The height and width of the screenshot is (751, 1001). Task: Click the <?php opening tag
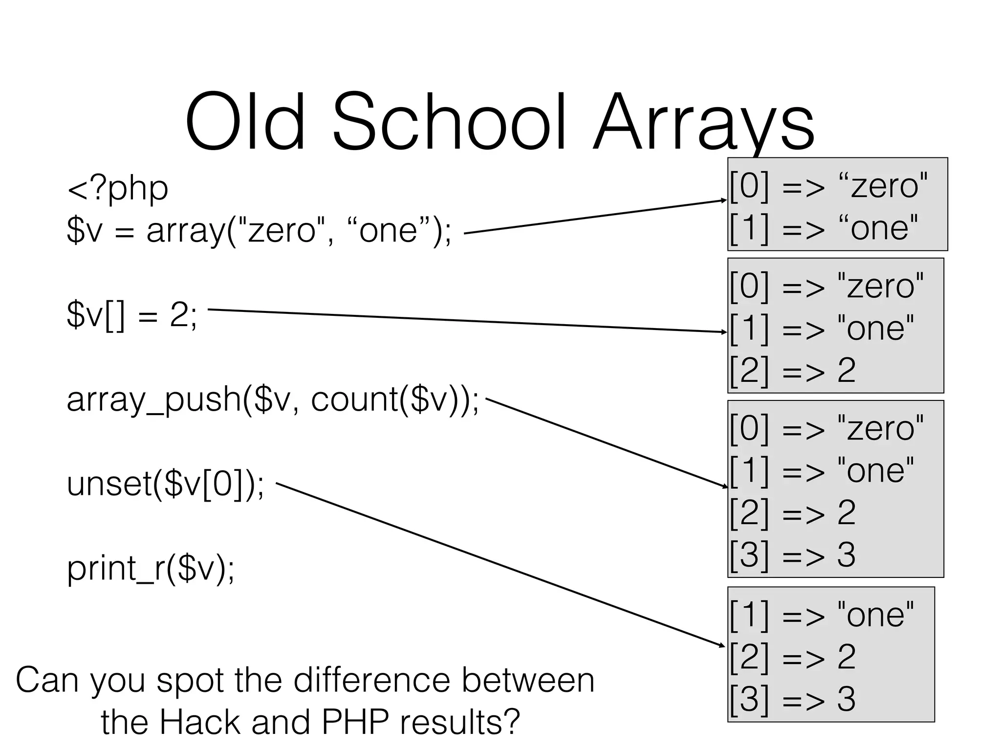tap(117, 189)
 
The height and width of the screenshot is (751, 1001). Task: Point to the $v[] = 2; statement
tap(132, 315)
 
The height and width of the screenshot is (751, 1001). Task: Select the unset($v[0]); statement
tap(165, 484)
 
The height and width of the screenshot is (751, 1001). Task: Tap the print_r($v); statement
tap(151, 569)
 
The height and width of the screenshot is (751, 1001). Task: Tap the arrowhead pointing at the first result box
tap(724, 200)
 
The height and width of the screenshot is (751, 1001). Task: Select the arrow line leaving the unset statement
tap(499, 564)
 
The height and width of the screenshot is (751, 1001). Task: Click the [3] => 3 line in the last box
tap(792, 699)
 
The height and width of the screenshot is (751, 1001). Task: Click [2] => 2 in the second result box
tap(792, 370)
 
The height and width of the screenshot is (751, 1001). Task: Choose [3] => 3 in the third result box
tap(792, 555)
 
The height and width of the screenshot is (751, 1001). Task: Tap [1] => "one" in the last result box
tap(821, 615)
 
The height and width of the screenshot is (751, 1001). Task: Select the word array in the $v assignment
tap(186, 231)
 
